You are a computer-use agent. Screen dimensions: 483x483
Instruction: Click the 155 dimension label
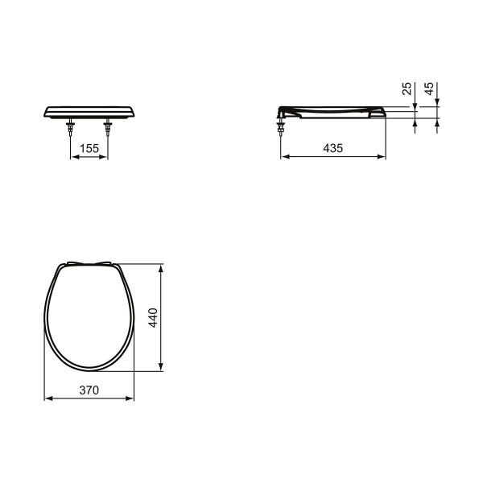click(x=89, y=148)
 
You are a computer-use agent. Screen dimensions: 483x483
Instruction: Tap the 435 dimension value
click(x=333, y=148)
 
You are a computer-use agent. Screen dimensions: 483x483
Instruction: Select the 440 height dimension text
click(x=153, y=318)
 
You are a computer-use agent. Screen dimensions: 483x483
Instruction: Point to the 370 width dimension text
click(x=89, y=390)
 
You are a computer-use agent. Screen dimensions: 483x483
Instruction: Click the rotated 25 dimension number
click(x=407, y=89)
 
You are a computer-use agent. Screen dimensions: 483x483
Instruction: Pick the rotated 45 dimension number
click(x=429, y=89)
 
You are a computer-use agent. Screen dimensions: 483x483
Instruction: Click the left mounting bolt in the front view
click(x=71, y=126)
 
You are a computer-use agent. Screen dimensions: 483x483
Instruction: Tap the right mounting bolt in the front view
click(x=108, y=126)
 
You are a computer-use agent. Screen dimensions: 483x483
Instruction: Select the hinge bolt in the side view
click(x=280, y=126)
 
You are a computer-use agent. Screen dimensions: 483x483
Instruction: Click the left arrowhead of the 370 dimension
click(x=48, y=398)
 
